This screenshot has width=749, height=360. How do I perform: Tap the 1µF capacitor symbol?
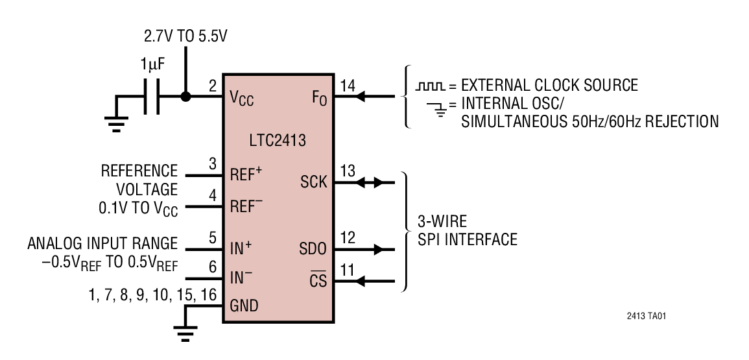pos(150,97)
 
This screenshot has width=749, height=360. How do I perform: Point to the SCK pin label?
pos(313,182)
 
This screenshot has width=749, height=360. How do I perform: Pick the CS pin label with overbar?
pos(318,282)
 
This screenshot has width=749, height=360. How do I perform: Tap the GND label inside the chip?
pos(244,306)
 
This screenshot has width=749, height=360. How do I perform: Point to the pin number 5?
pos(213,238)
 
